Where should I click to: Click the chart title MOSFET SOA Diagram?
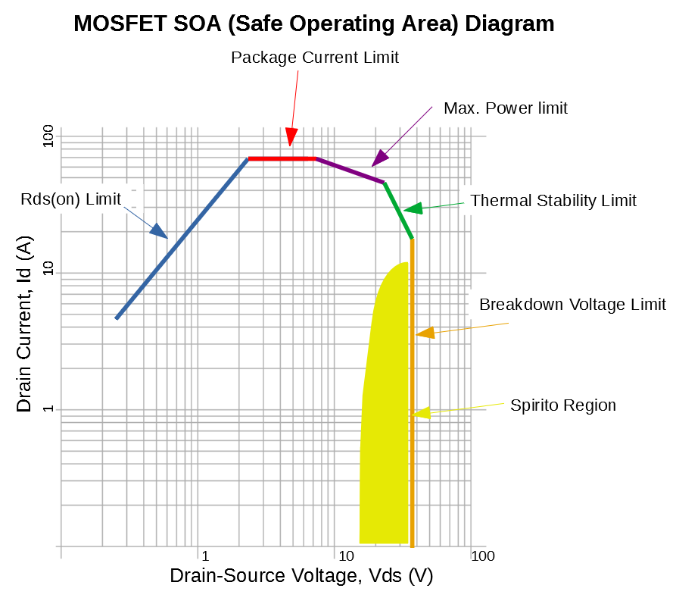pyautogui.click(x=313, y=23)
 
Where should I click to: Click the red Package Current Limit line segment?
pyautogui.click(x=282, y=158)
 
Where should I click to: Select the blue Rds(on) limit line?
pyautogui.click(x=182, y=239)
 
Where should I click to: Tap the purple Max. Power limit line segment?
pyautogui.click(x=350, y=171)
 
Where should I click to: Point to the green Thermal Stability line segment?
pyautogui.click(x=398, y=211)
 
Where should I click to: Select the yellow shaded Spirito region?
pyautogui.click(x=384, y=424)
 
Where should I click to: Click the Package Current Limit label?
pyautogui.click(x=314, y=58)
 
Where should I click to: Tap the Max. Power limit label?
pyautogui.click(x=505, y=108)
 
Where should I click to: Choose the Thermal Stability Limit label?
pyautogui.click(x=553, y=201)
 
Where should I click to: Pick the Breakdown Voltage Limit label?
pyautogui.click(x=572, y=305)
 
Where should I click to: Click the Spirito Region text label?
pyautogui.click(x=562, y=405)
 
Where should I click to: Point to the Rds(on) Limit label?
pyautogui.click(x=72, y=199)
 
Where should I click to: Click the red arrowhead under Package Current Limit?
pyautogui.click(x=290, y=137)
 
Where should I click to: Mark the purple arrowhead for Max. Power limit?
pyautogui.click(x=379, y=158)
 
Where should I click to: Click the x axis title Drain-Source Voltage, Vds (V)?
pyautogui.click(x=301, y=576)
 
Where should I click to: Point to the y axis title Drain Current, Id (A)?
pyautogui.click(x=25, y=325)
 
